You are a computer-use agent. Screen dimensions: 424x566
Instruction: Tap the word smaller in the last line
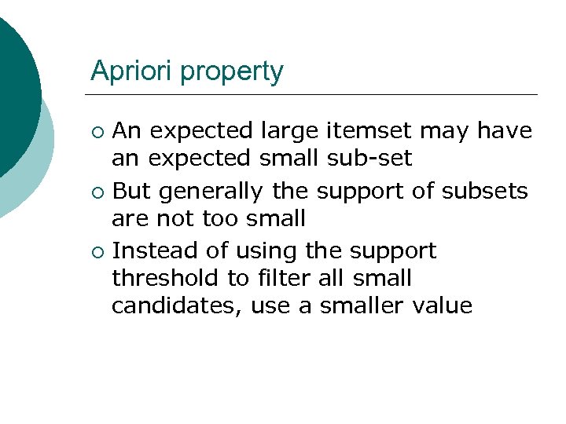point(362,305)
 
